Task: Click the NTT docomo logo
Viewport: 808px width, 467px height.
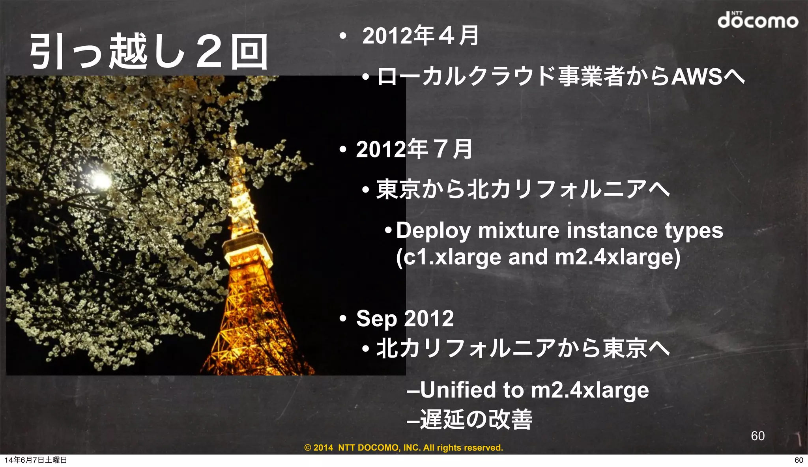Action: [757, 21]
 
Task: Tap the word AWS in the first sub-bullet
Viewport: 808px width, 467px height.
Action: [697, 77]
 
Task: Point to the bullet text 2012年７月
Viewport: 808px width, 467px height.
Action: [414, 149]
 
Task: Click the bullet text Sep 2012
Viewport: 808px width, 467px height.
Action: [405, 318]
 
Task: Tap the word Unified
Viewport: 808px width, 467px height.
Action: [458, 390]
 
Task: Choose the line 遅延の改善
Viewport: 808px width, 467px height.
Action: [476, 419]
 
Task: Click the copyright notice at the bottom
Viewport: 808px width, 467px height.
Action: [404, 448]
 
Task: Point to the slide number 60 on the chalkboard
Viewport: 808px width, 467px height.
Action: [757, 436]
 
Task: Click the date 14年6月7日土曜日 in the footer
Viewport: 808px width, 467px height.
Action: [36, 460]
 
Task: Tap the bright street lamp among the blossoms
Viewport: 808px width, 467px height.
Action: [100, 180]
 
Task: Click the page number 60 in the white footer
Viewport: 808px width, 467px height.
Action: [799, 460]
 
